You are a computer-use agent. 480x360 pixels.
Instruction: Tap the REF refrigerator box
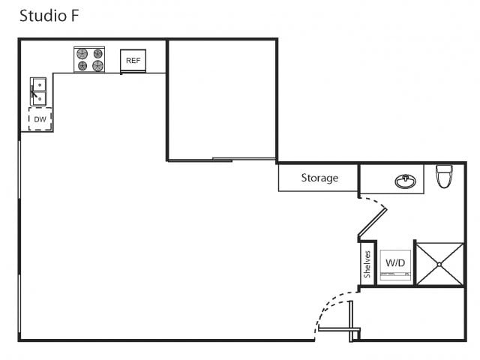[x=133, y=61]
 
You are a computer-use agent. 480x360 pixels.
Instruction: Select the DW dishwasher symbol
[x=40, y=119]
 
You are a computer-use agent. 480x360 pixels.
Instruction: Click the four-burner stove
[x=89, y=60]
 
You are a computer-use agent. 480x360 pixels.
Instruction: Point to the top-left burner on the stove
[x=82, y=54]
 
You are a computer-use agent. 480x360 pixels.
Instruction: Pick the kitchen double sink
[x=37, y=91]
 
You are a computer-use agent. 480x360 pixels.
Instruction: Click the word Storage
[x=319, y=178]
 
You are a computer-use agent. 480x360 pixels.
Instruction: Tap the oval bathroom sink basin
[x=406, y=181]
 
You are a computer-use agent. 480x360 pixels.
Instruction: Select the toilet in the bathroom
[x=444, y=177]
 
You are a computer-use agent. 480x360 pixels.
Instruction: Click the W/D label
[x=394, y=263]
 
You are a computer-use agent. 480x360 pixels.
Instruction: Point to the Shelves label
[x=367, y=264]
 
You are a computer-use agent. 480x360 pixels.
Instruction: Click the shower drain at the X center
[x=439, y=264]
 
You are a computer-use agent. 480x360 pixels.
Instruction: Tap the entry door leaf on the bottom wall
[x=336, y=328]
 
